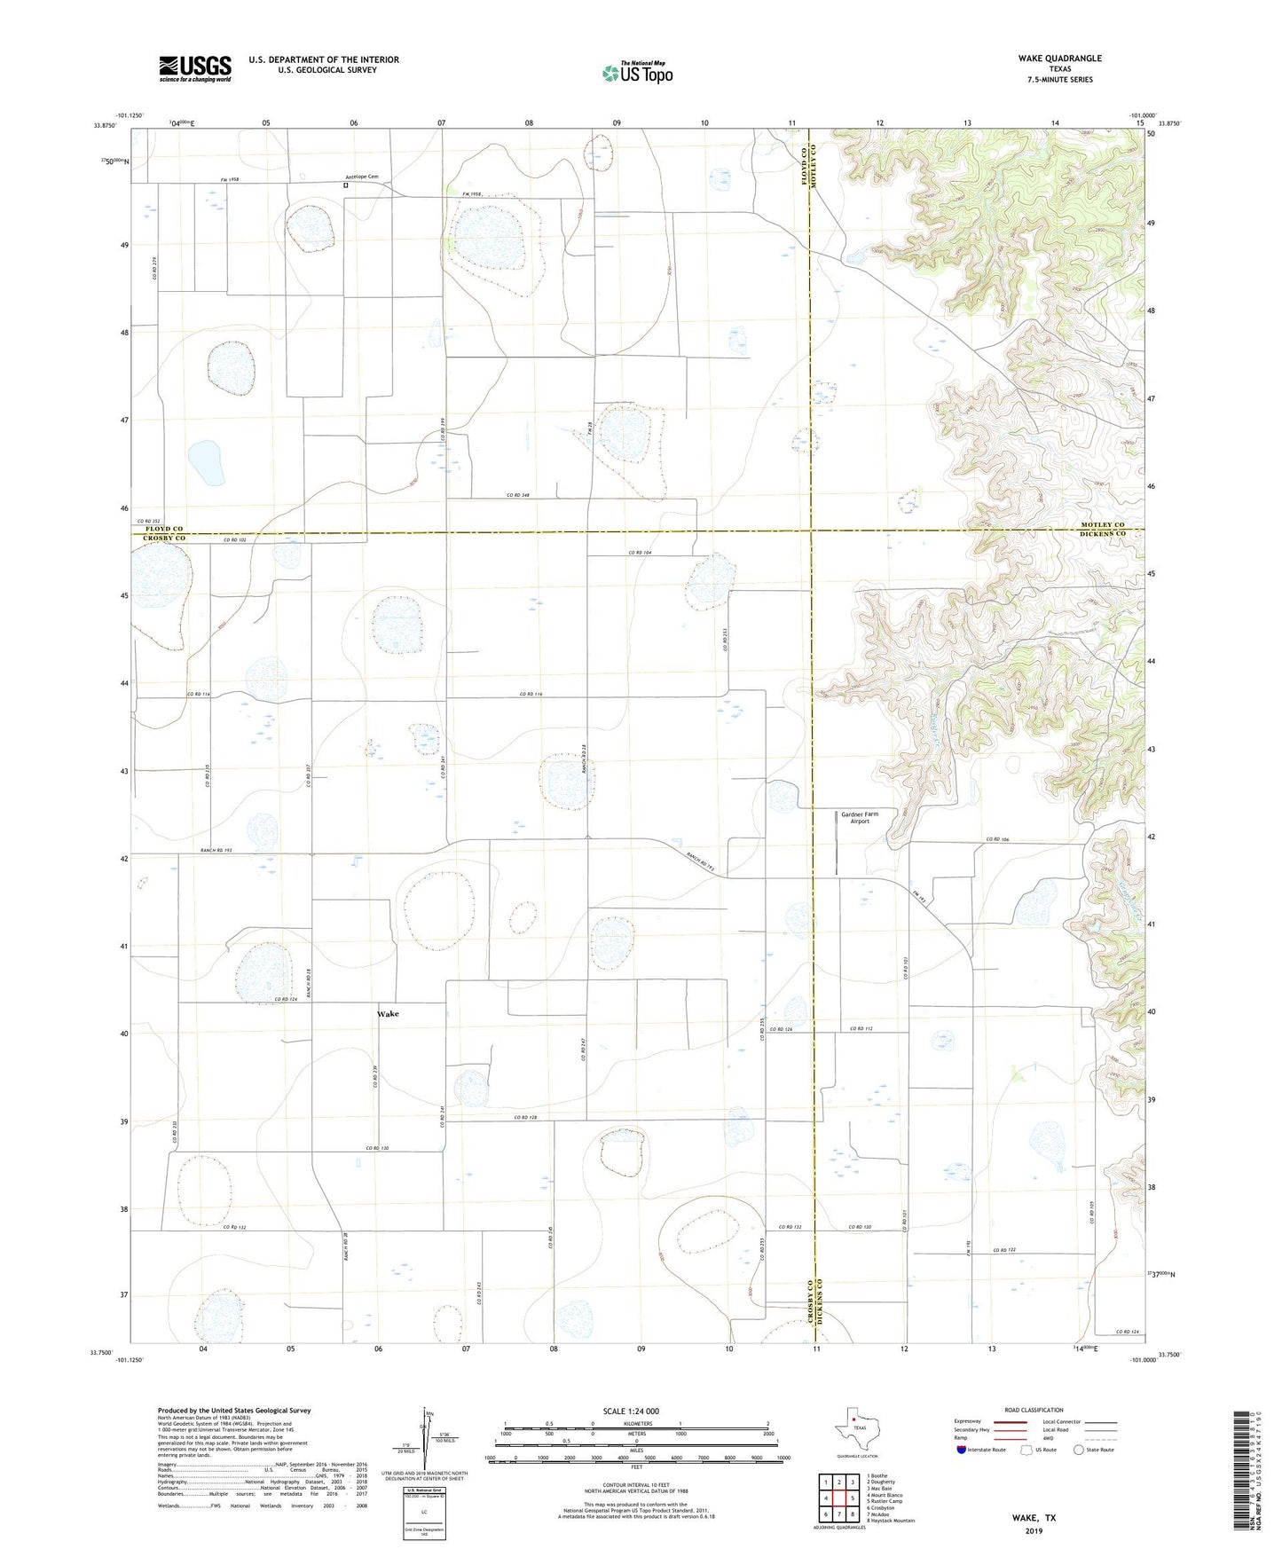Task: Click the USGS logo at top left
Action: click(x=195, y=68)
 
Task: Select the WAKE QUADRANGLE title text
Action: click(x=1059, y=59)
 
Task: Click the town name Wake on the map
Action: click(x=388, y=1013)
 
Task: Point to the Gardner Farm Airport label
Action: click(x=859, y=817)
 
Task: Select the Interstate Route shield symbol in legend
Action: click(x=962, y=1450)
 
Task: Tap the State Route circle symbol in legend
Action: click(x=1078, y=1450)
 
